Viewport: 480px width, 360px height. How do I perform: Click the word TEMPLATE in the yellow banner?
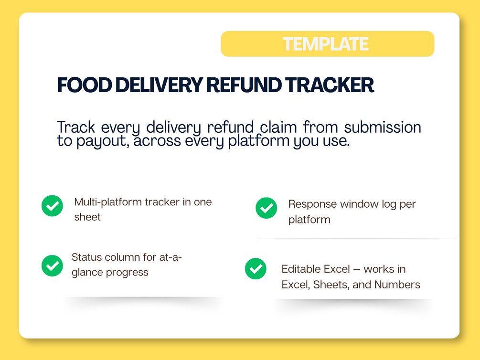pos(325,44)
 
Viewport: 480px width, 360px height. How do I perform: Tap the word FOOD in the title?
pos(85,85)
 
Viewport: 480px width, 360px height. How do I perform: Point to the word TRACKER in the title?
pos(330,85)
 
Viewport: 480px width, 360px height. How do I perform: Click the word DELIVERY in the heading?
pos(159,85)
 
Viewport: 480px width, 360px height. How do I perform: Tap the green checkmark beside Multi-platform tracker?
pos(53,206)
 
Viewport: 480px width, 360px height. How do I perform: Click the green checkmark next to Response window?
pos(267,208)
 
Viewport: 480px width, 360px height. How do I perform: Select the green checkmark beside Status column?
pos(53,266)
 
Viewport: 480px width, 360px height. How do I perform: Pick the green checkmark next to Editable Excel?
pos(256,269)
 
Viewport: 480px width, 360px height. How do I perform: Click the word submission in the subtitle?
pos(383,127)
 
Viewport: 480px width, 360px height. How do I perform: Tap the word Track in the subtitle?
pos(76,127)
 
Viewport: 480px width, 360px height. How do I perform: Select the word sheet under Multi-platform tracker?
pos(87,217)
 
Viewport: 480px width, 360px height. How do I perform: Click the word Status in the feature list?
pos(86,257)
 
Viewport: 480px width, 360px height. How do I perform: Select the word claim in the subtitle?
pos(278,127)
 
